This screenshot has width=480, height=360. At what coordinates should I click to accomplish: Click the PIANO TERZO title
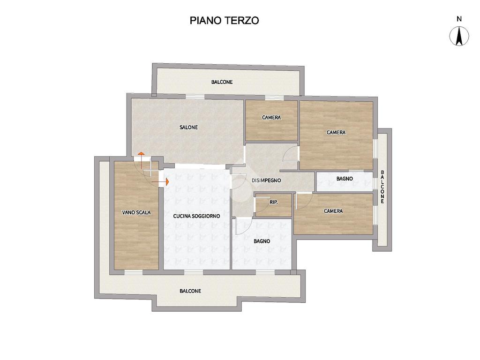(x=225, y=21)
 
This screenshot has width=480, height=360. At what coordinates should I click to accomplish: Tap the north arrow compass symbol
(x=459, y=36)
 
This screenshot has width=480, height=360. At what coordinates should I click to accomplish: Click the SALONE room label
(x=188, y=127)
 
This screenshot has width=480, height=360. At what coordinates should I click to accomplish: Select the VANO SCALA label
(x=136, y=212)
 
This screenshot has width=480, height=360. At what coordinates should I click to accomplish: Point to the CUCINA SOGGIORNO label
(x=196, y=216)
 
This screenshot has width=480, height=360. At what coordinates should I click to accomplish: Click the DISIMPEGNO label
(x=266, y=180)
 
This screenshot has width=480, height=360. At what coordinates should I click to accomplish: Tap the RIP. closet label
(x=274, y=202)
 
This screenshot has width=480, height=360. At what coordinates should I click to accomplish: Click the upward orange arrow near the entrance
(x=141, y=160)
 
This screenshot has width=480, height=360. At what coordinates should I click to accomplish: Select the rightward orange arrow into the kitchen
(x=160, y=182)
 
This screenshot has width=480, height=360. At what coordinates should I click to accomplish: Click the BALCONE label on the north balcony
(x=222, y=82)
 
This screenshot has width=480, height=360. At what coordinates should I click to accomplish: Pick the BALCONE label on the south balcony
(x=190, y=291)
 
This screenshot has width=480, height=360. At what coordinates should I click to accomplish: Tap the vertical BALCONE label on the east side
(x=382, y=187)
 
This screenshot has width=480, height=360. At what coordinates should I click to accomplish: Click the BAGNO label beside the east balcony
(x=345, y=179)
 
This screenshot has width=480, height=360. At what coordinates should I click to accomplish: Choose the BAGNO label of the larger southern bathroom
(x=262, y=241)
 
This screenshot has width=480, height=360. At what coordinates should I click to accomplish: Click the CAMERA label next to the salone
(x=271, y=118)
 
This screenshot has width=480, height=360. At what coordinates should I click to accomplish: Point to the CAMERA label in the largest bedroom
(x=336, y=133)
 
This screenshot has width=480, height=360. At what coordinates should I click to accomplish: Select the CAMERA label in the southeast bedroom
(x=333, y=211)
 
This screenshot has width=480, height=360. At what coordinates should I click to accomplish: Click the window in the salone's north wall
(x=195, y=97)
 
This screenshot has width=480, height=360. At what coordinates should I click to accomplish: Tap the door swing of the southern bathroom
(x=244, y=226)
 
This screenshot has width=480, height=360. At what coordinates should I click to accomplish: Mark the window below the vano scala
(x=134, y=272)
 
